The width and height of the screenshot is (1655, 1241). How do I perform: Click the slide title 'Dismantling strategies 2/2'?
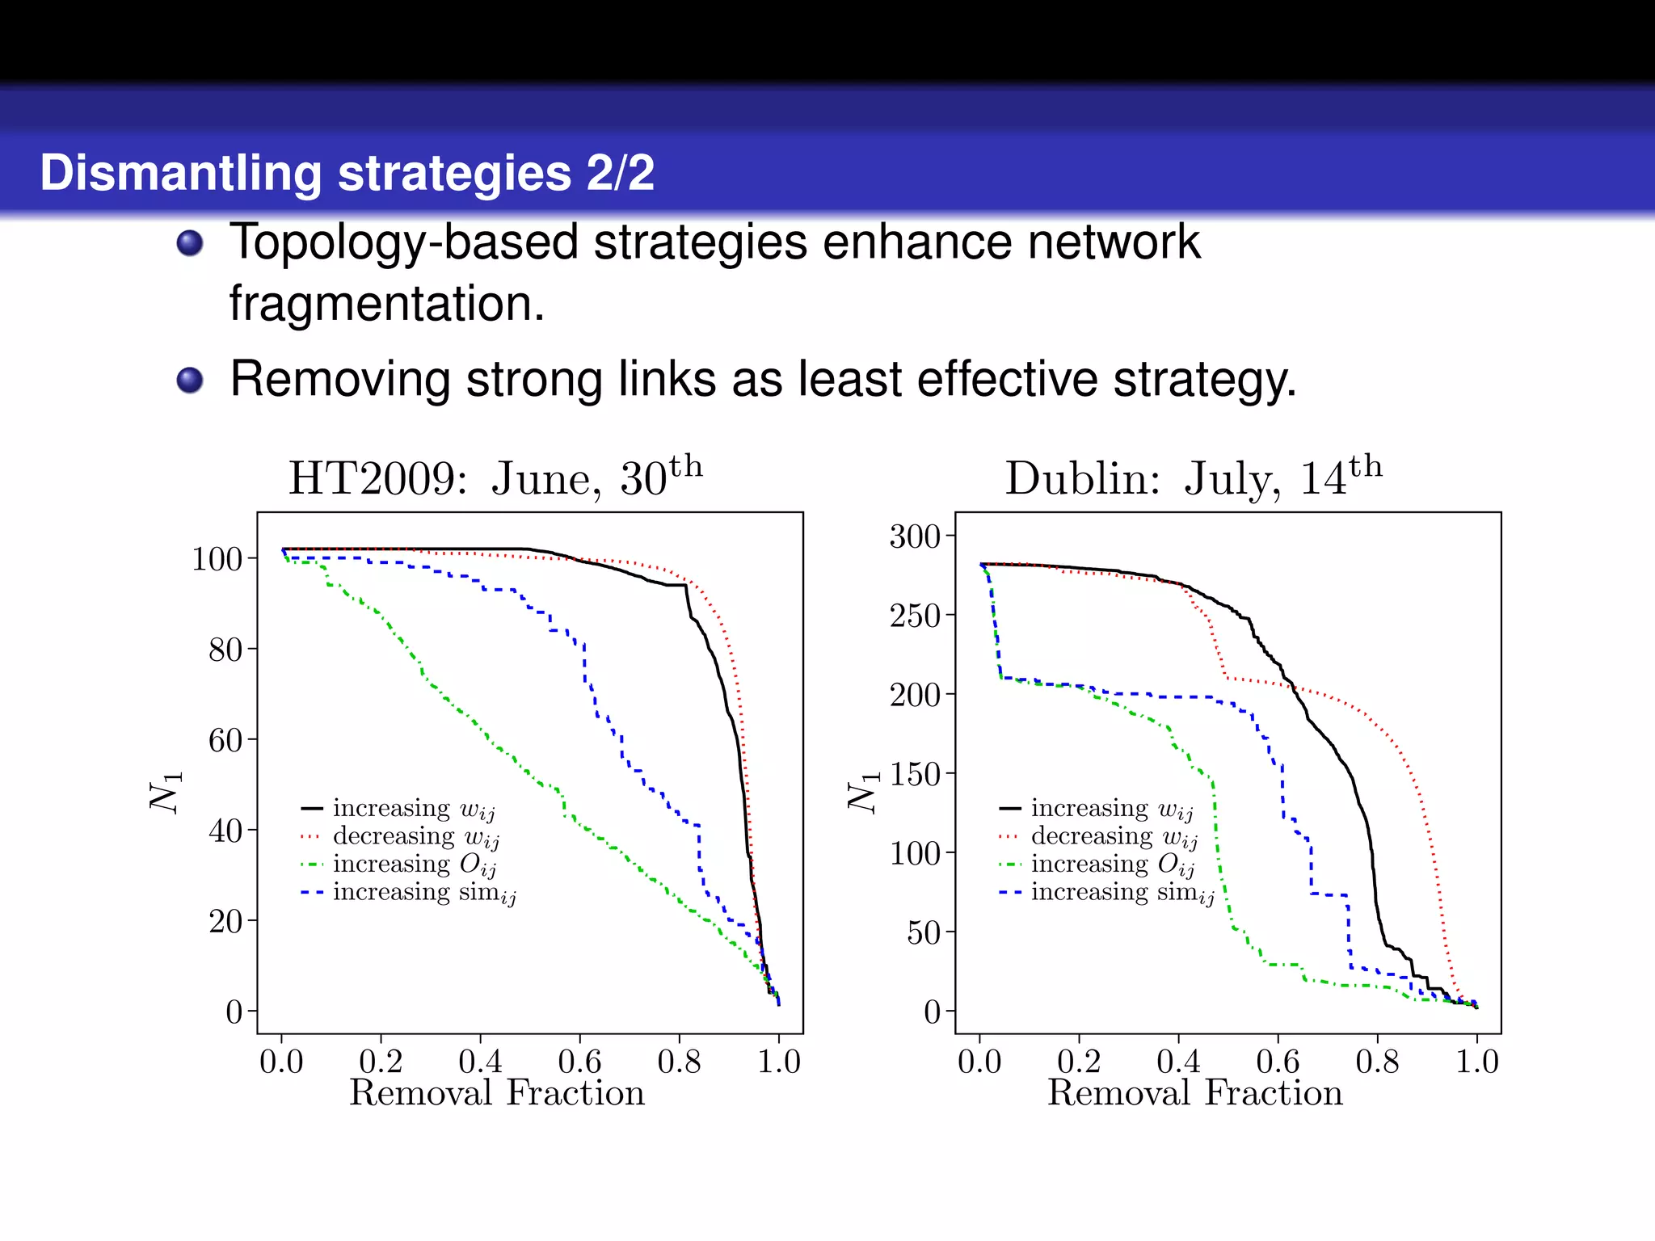(347, 173)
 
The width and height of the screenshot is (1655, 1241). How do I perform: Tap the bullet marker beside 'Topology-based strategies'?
(190, 242)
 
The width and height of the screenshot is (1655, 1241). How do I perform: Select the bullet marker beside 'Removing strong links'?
(190, 380)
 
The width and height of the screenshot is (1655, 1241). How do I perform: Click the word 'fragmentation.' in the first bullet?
(387, 304)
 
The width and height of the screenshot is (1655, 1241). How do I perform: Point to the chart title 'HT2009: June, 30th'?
(495, 477)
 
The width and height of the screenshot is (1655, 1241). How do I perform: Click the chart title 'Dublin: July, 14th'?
(1193, 477)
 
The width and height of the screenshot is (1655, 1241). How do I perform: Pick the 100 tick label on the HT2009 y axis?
(217, 559)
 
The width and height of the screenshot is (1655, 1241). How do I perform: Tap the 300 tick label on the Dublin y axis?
(915, 536)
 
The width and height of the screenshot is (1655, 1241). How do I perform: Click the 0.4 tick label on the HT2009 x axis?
(480, 1062)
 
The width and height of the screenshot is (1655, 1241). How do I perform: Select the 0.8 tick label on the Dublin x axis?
(1377, 1062)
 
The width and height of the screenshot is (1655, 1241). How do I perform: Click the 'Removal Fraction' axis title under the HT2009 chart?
(497, 1094)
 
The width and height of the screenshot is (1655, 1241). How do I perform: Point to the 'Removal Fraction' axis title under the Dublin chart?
(1195, 1094)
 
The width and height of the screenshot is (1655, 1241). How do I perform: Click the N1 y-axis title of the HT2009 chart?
(166, 791)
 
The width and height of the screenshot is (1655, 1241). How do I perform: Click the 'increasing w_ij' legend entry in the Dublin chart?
(1112, 809)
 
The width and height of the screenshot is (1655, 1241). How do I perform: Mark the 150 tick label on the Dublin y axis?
(915, 774)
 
